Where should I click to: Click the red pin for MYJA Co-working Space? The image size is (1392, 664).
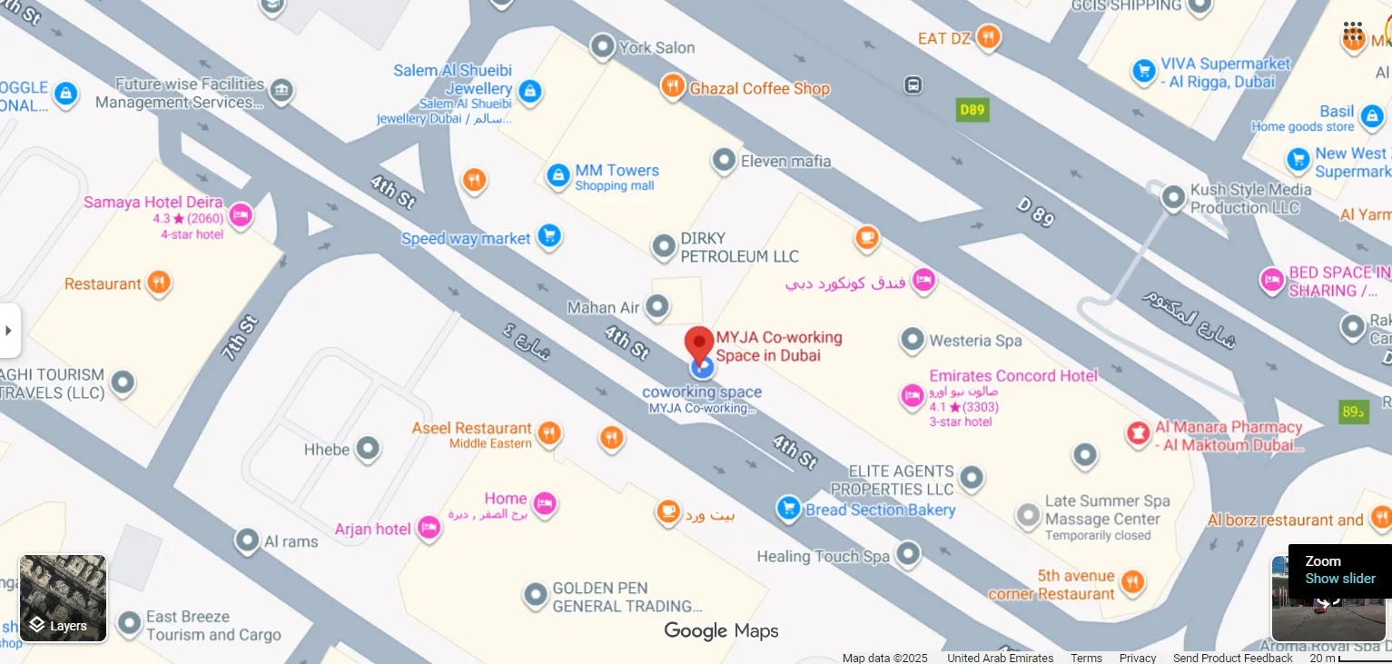coord(699,343)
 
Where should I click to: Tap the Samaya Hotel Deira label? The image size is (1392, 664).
coord(153,203)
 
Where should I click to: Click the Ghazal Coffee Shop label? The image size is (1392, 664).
coord(760,89)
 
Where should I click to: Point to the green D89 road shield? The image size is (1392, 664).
coord(972,110)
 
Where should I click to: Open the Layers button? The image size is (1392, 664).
coord(64,598)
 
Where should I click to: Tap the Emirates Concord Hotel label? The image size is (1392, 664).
coord(1013,376)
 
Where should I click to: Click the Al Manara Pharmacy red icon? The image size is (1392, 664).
coord(1137,434)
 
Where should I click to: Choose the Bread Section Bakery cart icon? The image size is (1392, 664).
coord(788,509)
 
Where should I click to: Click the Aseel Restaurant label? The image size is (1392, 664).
coord(471,429)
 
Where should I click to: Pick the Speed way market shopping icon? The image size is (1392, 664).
coord(548,237)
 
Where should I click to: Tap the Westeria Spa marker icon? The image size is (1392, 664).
coord(912,341)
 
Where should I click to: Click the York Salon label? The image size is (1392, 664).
coord(657,47)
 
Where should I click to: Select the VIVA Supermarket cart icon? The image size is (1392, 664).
coord(1143,71)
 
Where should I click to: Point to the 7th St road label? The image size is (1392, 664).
coord(242,338)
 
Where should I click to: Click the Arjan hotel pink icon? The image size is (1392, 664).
coord(429,529)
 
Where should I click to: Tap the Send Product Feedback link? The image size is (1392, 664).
coord(1232,658)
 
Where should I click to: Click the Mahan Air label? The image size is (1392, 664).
coord(603,308)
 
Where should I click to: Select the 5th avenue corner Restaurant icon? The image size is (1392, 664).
coord(1132,581)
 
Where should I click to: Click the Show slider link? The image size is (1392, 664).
coord(1340,579)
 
